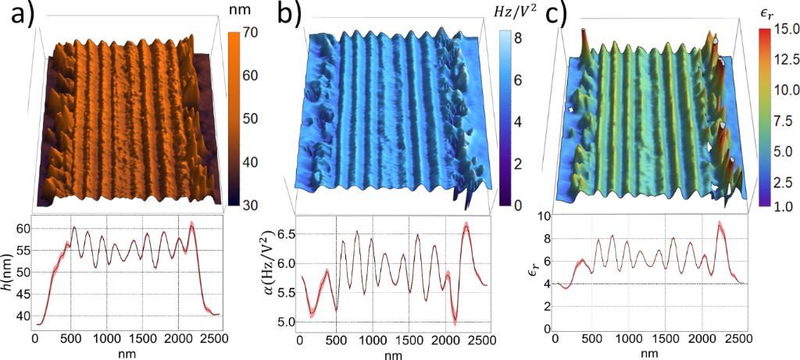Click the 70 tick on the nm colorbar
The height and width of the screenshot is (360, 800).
pyautogui.click(x=249, y=35)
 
